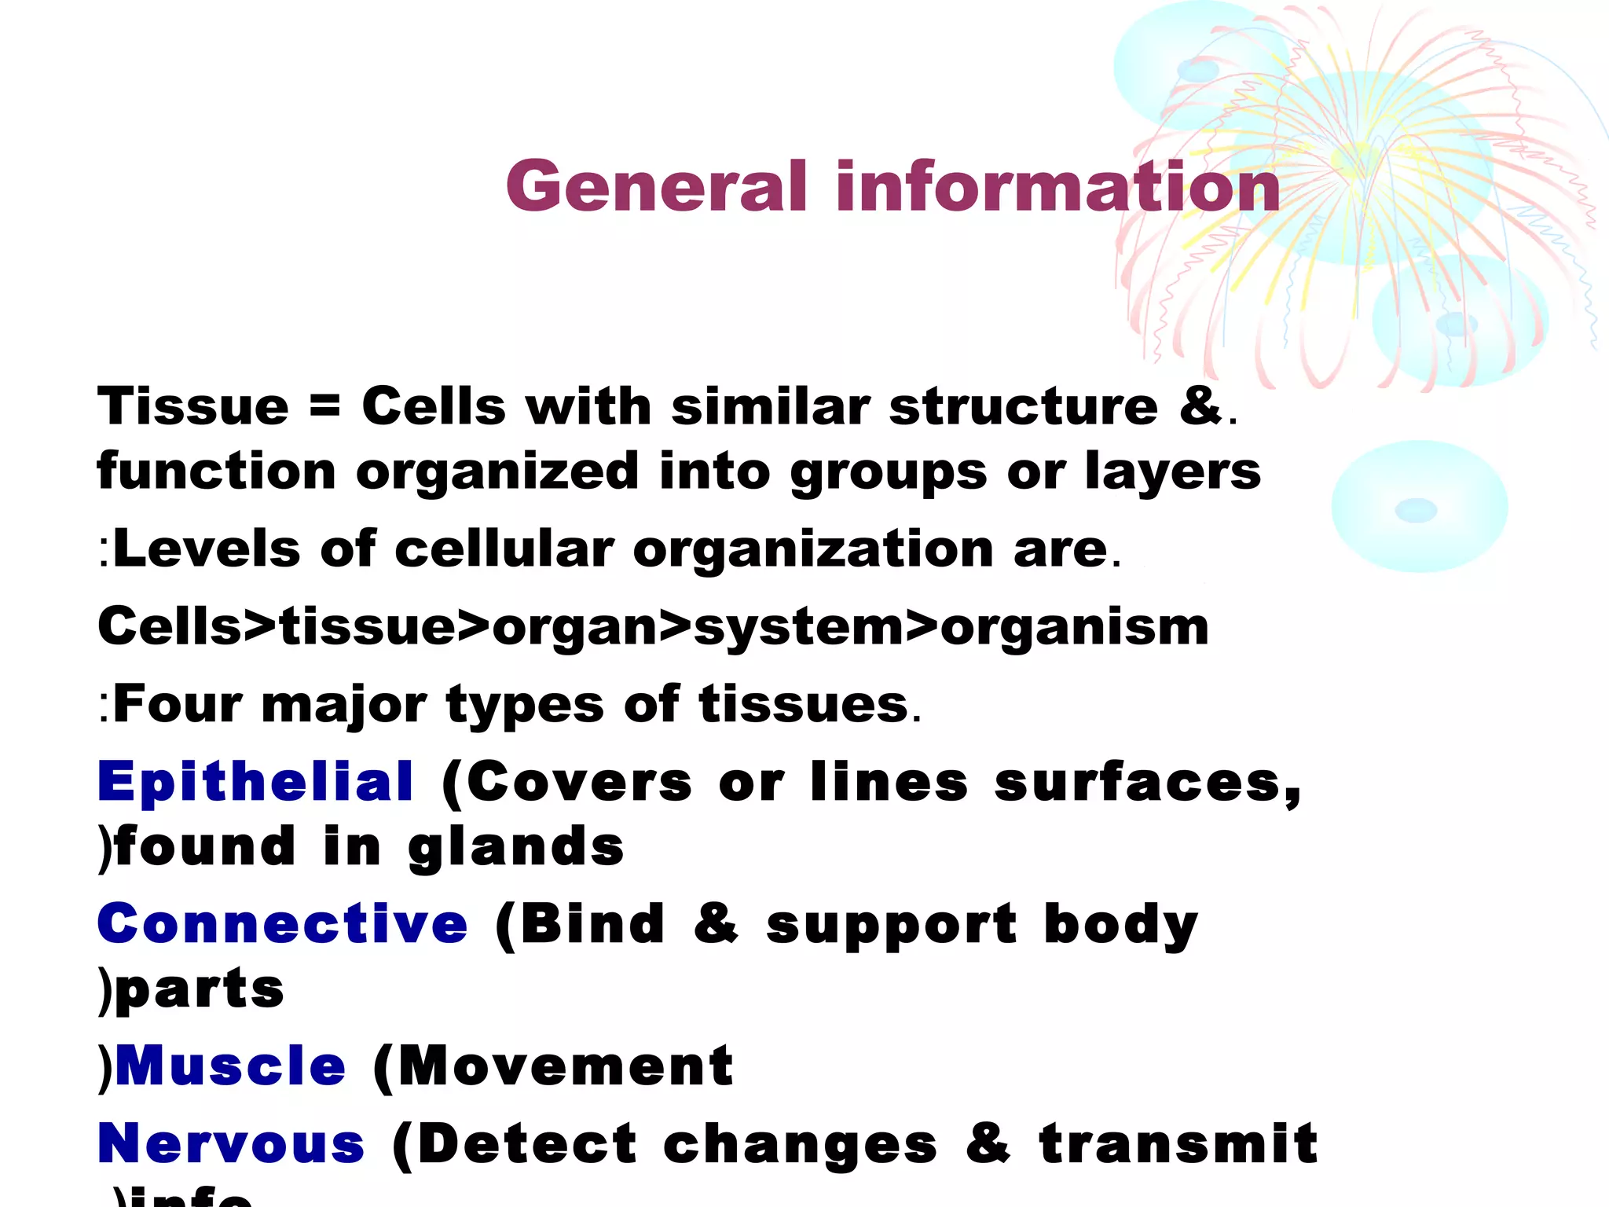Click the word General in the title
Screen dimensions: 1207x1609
pyautogui.click(x=656, y=186)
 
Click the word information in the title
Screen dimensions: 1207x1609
pyautogui.click(x=1057, y=186)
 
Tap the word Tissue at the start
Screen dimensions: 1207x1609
pyautogui.click(x=193, y=407)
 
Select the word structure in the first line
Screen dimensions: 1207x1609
pyautogui.click(x=1023, y=407)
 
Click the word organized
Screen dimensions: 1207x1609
pyautogui.click(x=497, y=471)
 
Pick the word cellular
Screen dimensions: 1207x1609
pyautogui.click(x=504, y=548)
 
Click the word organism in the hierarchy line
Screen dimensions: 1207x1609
pyautogui.click(x=1074, y=627)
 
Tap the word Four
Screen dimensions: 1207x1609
pyautogui.click(x=178, y=704)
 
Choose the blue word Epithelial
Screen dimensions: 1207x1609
pyautogui.click(x=255, y=782)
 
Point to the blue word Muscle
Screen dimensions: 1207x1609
pyautogui.click(x=230, y=1066)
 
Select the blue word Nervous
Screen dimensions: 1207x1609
pyautogui.click(x=232, y=1143)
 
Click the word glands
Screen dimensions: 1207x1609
pyautogui.click(x=516, y=847)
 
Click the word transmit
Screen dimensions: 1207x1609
pyautogui.click(x=1178, y=1143)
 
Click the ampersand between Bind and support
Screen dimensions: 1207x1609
pyautogui.click(x=716, y=923)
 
